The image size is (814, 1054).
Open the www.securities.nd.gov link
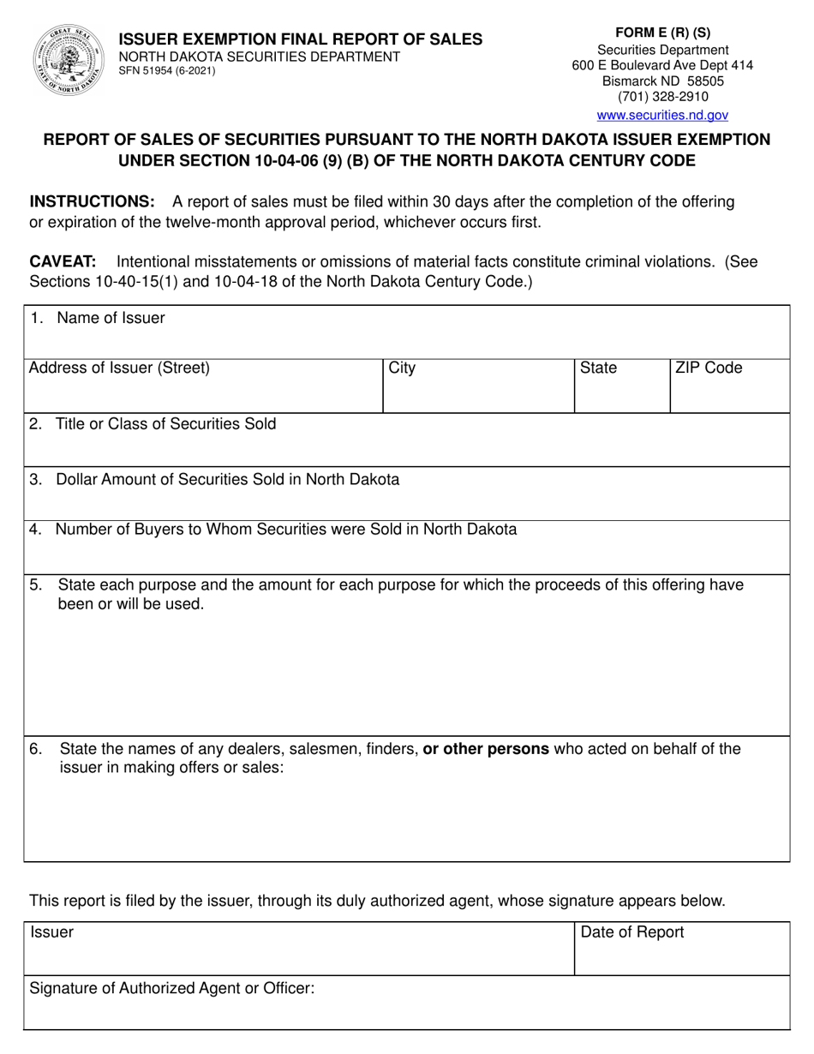tap(662, 115)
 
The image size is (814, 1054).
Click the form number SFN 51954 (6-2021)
tap(167, 71)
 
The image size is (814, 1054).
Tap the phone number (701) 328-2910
tap(662, 97)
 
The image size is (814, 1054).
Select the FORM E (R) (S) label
tap(662, 33)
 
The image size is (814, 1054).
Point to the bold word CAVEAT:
tap(63, 261)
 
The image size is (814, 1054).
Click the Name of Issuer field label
tap(111, 318)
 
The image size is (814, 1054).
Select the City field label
tap(402, 368)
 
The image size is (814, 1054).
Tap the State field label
tap(598, 368)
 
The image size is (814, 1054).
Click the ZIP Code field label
tap(709, 368)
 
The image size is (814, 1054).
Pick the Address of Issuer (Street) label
tap(119, 368)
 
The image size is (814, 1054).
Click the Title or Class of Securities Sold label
tap(165, 423)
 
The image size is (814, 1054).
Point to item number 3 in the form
tap(35, 479)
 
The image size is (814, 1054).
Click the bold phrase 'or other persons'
tap(486, 749)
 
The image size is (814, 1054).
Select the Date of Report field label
tap(632, 932)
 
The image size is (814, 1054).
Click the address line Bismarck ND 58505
tap(662, 81)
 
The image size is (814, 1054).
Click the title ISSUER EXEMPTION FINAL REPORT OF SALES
tap(300, 39)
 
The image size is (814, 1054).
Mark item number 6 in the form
tap(35, 749)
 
